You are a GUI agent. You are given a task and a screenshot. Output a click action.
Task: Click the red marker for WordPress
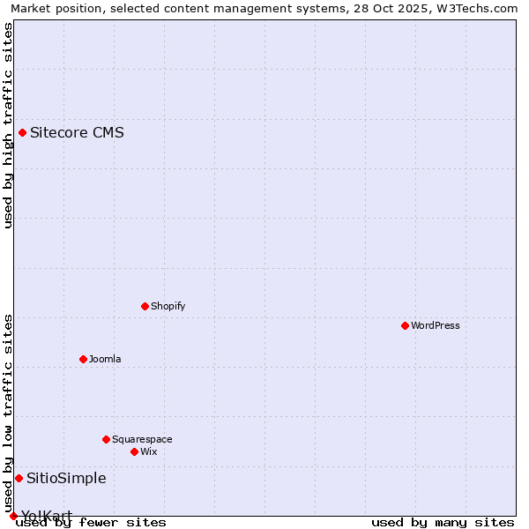[405, 325]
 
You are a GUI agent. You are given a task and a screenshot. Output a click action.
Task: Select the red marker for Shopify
[145, 306]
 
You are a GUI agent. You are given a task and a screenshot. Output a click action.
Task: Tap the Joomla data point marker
[83, 359]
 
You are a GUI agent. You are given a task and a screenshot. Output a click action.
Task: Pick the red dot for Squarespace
[106, 439]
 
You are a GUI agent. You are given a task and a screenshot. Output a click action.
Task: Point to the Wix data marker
[134, 451]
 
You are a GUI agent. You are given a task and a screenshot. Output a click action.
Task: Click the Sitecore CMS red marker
[22, 133]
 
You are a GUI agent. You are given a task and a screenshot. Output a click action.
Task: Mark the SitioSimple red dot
[19, 478]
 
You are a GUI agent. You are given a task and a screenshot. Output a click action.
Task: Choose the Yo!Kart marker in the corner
[13, 516]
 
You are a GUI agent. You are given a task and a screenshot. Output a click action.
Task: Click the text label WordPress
[436, 325]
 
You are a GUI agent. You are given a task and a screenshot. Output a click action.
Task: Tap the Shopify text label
[168, 306]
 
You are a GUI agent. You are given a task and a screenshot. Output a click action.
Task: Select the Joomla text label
[105, 359]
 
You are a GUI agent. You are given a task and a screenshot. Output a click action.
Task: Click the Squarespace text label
[142, 439]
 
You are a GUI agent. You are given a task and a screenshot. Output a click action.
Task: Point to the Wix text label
[148, 451]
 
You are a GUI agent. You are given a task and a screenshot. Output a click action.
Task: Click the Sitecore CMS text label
[77, 133]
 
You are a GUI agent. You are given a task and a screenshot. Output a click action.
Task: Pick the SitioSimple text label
[66, 478]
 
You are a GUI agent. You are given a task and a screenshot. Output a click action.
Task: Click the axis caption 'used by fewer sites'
[91, 522]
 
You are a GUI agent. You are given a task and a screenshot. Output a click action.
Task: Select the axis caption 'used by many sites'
[443, 522]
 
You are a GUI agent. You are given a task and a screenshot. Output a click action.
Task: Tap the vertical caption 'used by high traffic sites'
[8, 125]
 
